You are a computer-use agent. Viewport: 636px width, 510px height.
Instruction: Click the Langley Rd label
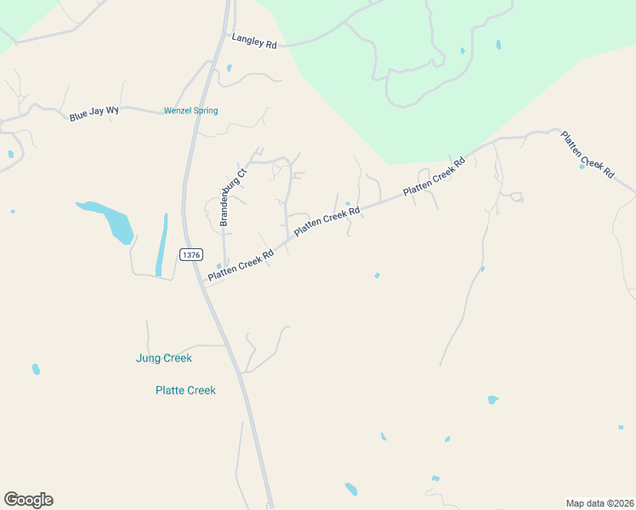[254, 42]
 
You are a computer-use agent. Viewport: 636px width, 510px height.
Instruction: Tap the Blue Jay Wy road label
[94, 113]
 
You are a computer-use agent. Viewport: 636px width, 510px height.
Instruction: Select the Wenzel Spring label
[190, 110]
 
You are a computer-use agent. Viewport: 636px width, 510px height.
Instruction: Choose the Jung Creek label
[164, 358]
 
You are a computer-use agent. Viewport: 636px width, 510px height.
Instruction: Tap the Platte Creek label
[185, 390]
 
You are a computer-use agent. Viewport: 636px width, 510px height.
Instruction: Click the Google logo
[28, 500]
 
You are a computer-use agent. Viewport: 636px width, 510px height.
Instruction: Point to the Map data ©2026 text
[599, 502]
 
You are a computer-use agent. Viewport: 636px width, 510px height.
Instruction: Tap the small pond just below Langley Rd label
[229, 68]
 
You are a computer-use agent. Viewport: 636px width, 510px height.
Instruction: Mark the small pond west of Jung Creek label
[36, 369]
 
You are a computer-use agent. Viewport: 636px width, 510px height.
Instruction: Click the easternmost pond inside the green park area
[498, 44]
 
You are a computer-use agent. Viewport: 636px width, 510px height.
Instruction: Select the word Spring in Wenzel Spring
[204, 110]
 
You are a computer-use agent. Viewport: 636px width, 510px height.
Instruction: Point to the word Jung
[149, 358]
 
